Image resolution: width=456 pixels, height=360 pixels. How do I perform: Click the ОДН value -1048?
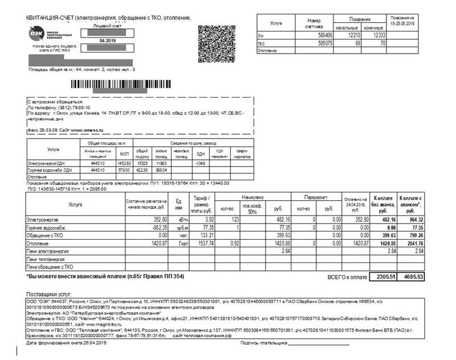tap(199, 163)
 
